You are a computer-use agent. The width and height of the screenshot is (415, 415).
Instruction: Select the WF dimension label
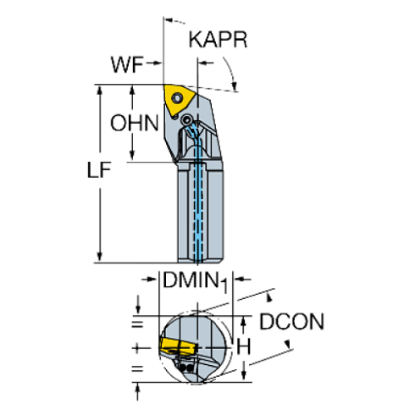click(x=125, y=63)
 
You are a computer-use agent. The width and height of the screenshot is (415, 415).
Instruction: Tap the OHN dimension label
click(x=134, y=123)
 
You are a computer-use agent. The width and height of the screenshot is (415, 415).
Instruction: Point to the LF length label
click(x=100, y=171)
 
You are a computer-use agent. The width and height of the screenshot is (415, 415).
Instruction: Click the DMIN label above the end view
click(x=189, y=279)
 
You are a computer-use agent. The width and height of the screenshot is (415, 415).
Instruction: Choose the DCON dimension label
click(x=292, y=323)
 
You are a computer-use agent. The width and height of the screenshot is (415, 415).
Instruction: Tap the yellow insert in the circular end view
click(x=174, y=346)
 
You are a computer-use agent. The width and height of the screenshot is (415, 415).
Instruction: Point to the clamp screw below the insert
click(x=187, y=122)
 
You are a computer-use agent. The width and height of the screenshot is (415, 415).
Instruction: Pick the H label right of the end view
click(x=244, y=347)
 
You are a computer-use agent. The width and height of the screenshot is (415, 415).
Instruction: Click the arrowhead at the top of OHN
click(x=131, y=89)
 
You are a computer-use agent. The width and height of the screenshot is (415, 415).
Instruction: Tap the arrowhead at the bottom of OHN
click(x=131, y=157)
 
